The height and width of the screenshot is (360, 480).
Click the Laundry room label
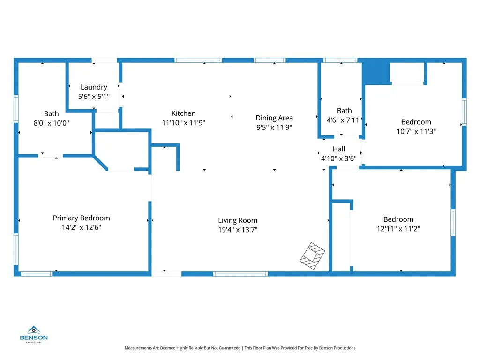pyautogui.click(x=94, y=87)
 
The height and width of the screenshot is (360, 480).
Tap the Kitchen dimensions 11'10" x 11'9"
pyautogui.click(x=183, y=123)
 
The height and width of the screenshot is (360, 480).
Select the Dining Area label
pyautogui.click(x=274, y=118)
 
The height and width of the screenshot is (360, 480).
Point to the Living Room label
pyautogui.click(x=238, y=220)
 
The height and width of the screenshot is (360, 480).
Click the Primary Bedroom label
pyautogui.click(x=82, y=218)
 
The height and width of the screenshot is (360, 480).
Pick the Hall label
pyautogui.click(x=339, y=149)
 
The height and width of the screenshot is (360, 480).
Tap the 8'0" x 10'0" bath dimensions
pyautogui.click(x=52, y=123)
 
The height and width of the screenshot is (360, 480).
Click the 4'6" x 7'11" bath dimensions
pyautogui.click(x=345, y=120)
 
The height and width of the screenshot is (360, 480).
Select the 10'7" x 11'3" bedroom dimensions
pyautogui.click(x=416, y=131)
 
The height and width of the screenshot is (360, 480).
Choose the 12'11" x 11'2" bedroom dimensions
pyautogui.click(x=398, y=229)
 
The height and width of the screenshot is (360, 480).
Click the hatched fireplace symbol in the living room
pyautogui.click(x=312, y=256)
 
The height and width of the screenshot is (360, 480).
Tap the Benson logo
pyautogui.click(x=34, y=334)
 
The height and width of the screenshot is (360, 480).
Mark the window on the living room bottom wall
pyautogui.click(x=240, y=274)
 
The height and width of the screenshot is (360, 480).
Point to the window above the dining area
pyautogui.click(x=270, y=60)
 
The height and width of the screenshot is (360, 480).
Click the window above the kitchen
pyautogui.click(x=198, y=60)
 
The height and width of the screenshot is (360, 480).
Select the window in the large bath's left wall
pyautogui.click(x=16, y=109)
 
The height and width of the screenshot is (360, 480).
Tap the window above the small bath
pyautogui.click(x=340, y=60)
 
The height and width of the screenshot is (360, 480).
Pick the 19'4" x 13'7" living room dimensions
pyautogui.click(x=238, y=230)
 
